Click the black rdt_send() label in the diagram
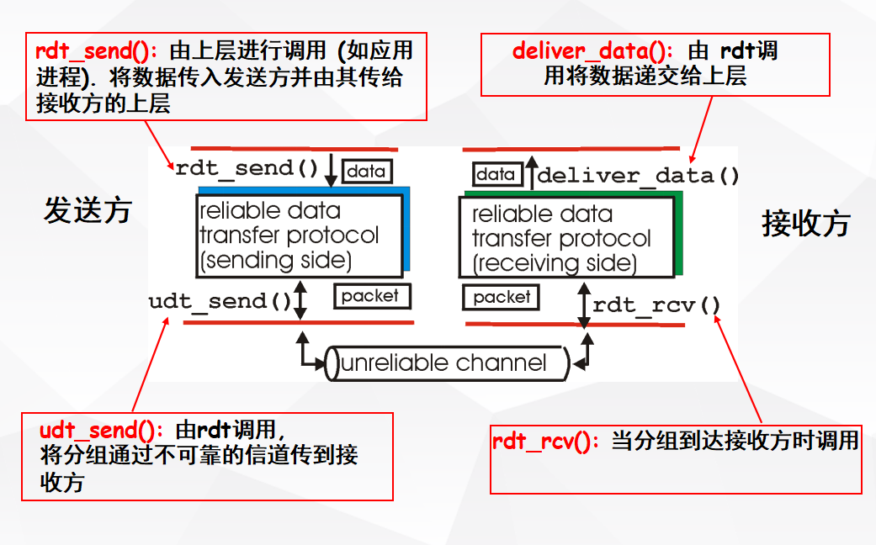click(x=247, y=167)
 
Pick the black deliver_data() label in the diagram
click(x=638, y=176)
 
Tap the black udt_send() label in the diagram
click(x=220, y=301)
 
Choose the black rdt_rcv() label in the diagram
click(x=656, y=304)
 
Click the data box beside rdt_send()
click(x=367, y=172)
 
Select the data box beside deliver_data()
click(x=496, y=174)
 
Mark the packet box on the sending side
click(x=371, y=295)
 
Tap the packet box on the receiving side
click(x=502, y=297)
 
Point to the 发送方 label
click(x=88, y=210)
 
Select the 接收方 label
click(x=805, y=224)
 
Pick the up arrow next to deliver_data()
click(x=531, y=173)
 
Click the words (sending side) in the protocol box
click(x=275, y=260)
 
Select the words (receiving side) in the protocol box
click(x=554, y=263)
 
